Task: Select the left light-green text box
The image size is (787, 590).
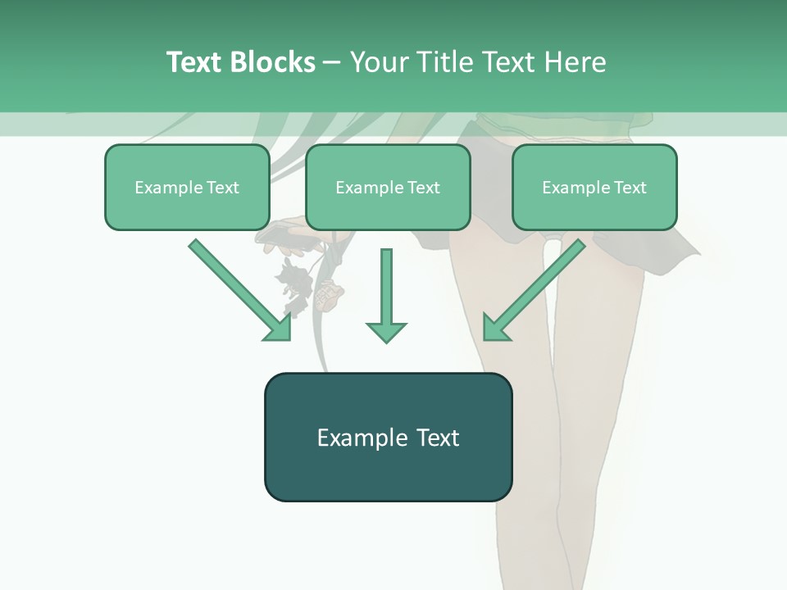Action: point(187,188)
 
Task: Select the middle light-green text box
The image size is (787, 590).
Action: point(388,188)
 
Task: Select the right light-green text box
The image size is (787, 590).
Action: point(594,188)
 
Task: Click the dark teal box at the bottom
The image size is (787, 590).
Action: point(388,437)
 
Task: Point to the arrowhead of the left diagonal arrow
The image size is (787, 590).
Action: point(279,328)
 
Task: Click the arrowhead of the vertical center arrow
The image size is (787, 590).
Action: point(386,331)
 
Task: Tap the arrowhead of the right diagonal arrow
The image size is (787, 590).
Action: point(495,328)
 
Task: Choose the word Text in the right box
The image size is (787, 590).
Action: point(630,188)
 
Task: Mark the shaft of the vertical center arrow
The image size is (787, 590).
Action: point(386,283)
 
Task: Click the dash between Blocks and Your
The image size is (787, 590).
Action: point(332,63)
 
